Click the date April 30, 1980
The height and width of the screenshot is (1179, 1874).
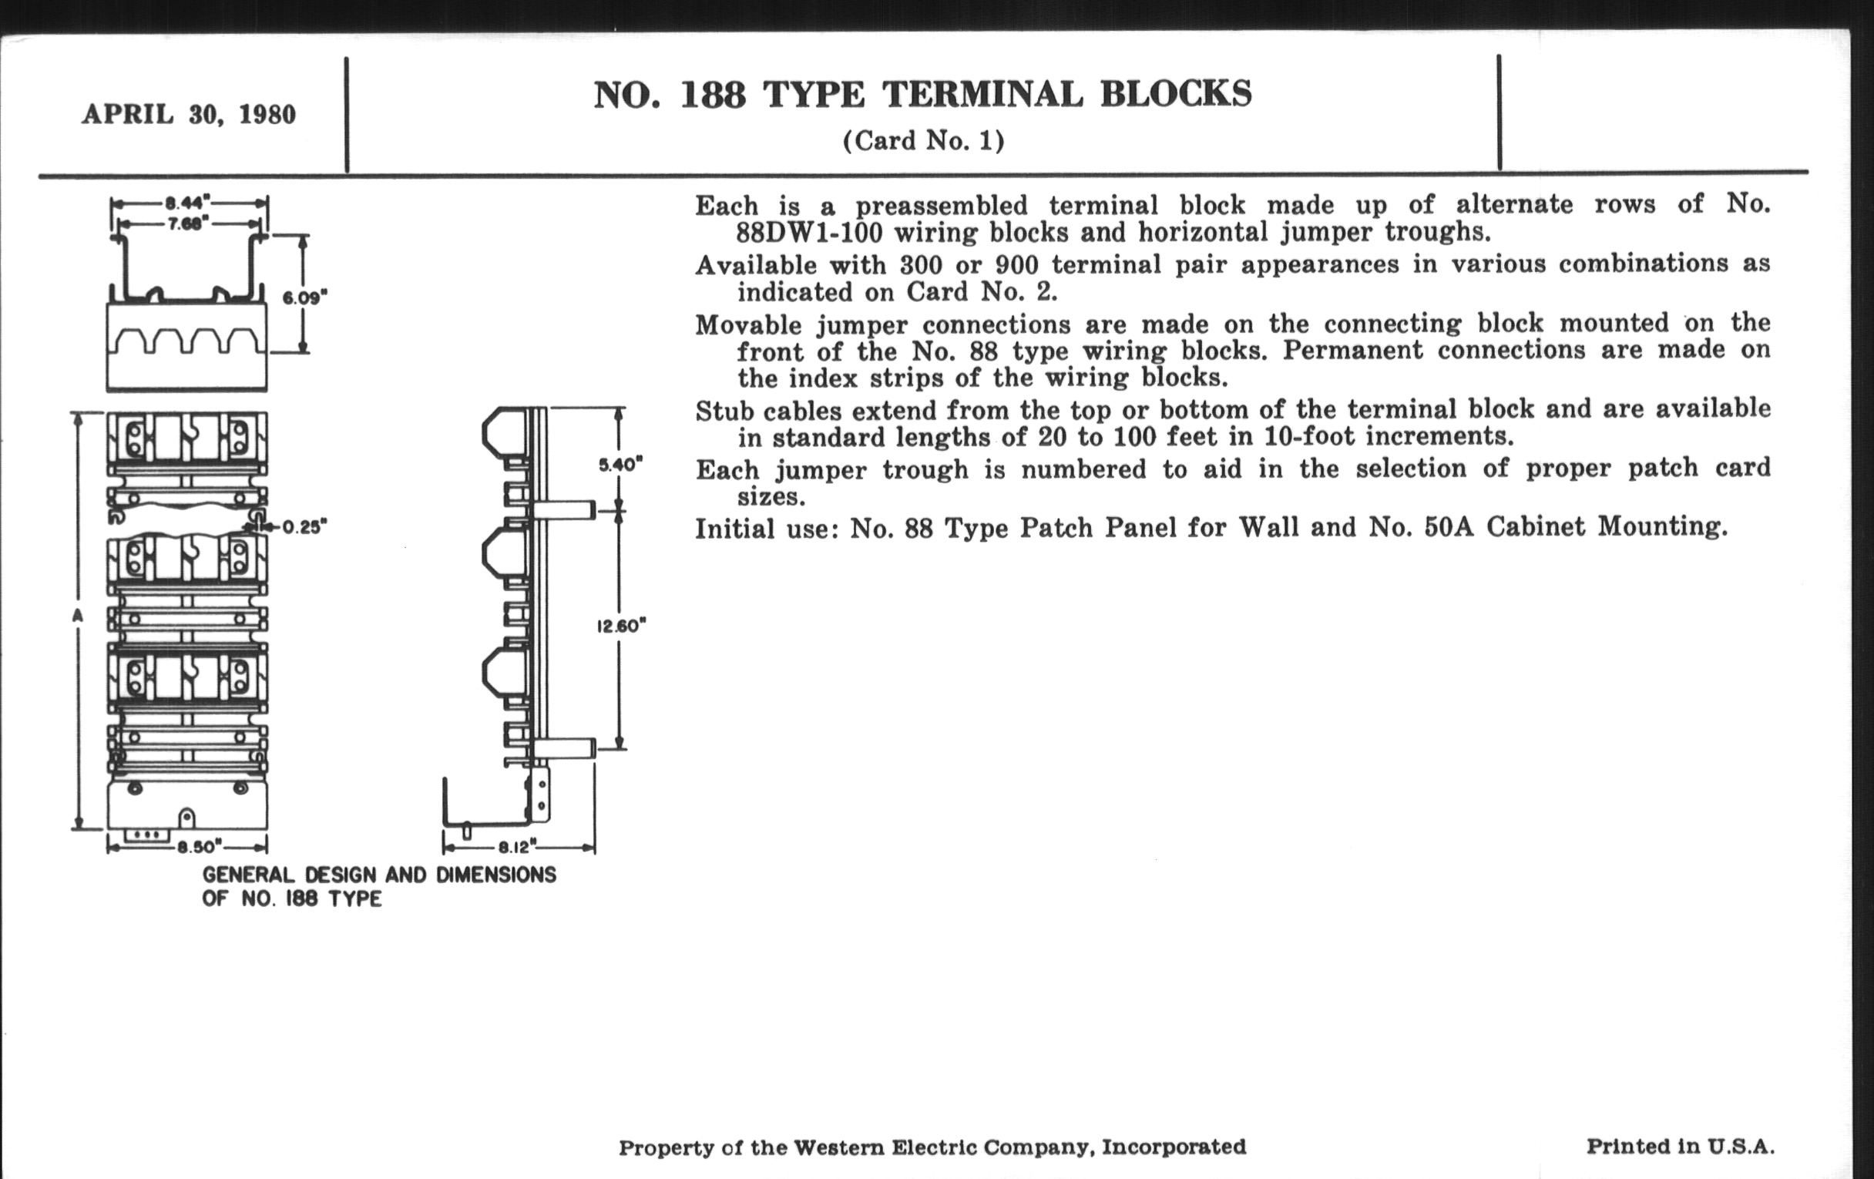point(189,114)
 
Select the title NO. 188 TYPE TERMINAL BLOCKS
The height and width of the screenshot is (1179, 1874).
point(922,94)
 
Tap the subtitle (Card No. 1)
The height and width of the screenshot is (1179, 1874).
point(923,141)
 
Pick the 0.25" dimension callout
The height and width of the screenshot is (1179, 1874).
point(304,527)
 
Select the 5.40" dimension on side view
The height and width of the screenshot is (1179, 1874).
point(620,465)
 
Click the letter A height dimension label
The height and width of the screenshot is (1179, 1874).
point(77,616)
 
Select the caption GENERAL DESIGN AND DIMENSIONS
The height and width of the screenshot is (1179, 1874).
point(379,875)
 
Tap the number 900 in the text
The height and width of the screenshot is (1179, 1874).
point(1016,265)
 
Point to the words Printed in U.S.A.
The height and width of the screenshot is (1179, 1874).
point(1681,1147)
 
